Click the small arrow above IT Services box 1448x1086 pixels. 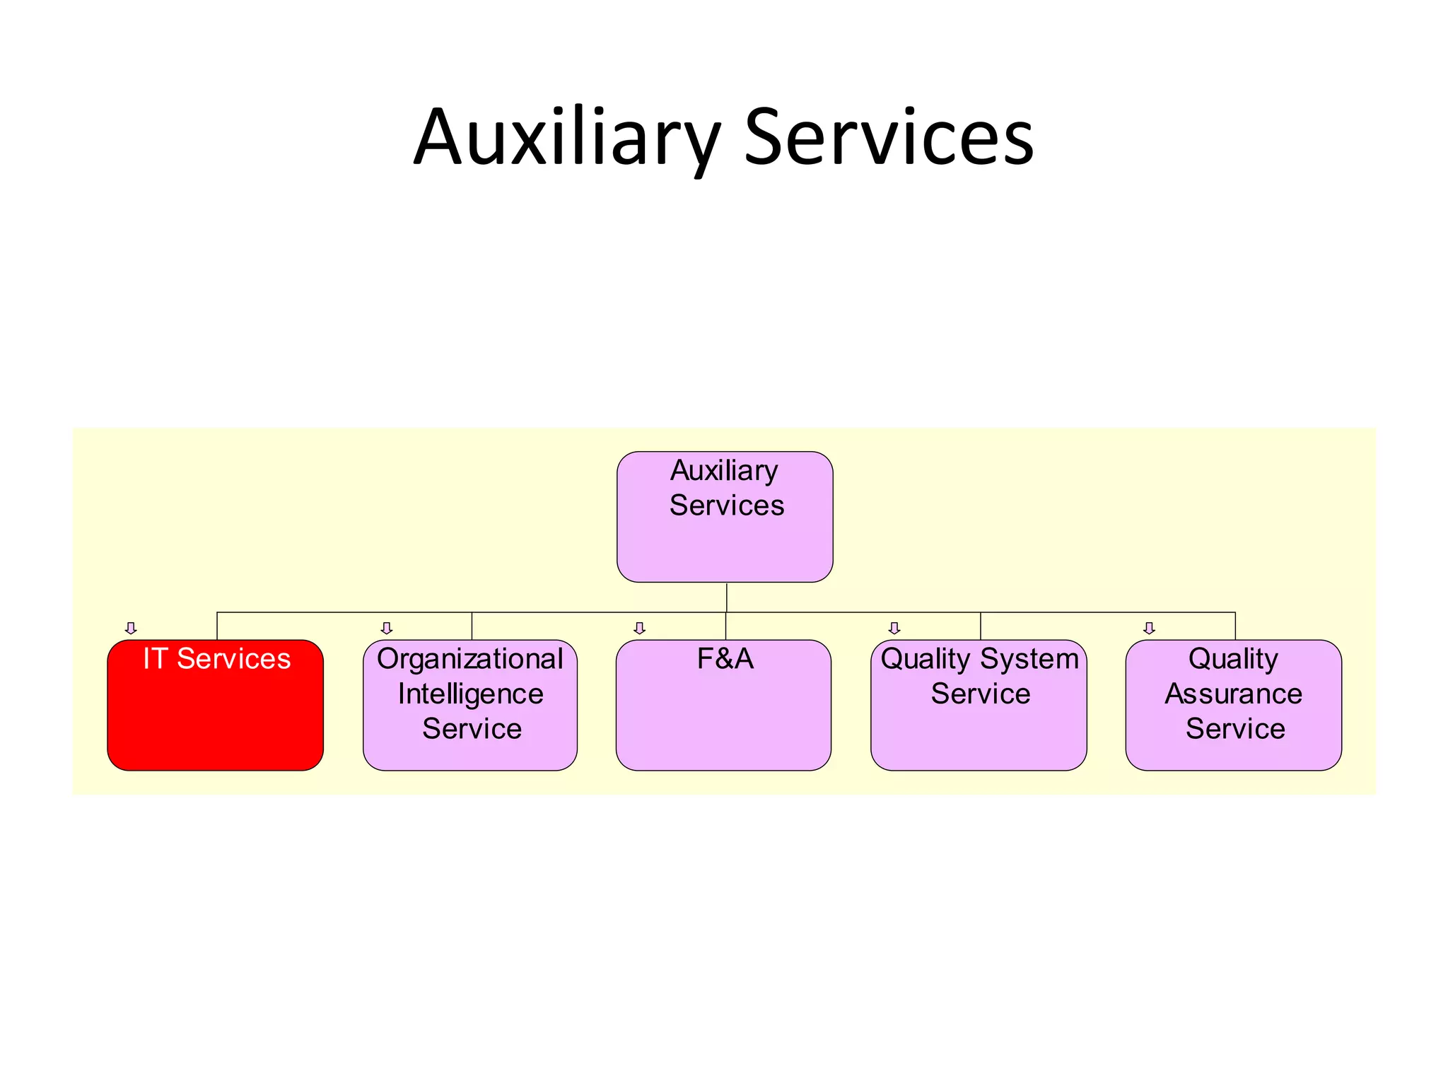[131, 628]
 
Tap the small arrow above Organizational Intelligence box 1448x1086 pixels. [386, 628]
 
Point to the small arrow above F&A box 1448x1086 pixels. [640, 628]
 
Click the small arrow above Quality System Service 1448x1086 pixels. [894, 628]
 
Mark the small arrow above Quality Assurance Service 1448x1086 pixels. [1149, 628]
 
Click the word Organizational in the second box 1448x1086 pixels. [470, 659]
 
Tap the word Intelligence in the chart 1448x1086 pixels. [470, 694]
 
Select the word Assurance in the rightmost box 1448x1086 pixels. [1233, 694]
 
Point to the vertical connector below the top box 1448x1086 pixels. [726, 597]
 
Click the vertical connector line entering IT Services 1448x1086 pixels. [217, 626]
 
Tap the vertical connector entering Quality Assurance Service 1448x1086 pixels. [1235, 626]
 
